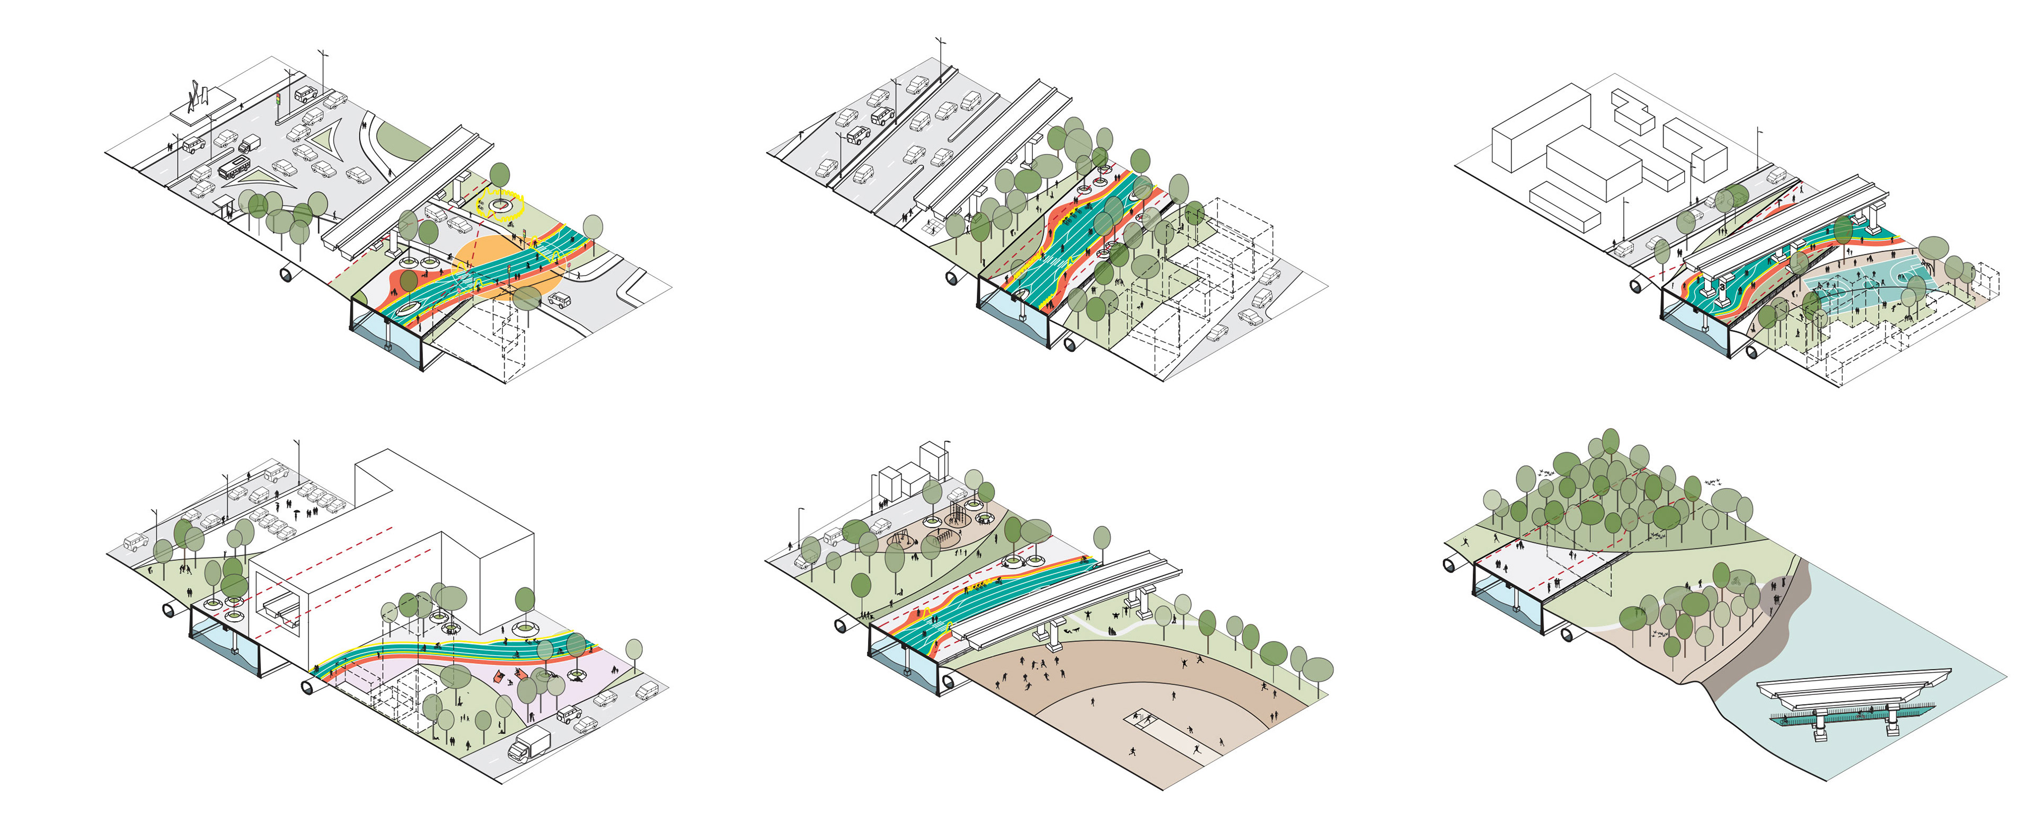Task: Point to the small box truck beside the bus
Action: coord(249,144)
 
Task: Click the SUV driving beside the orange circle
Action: coord(559,301)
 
